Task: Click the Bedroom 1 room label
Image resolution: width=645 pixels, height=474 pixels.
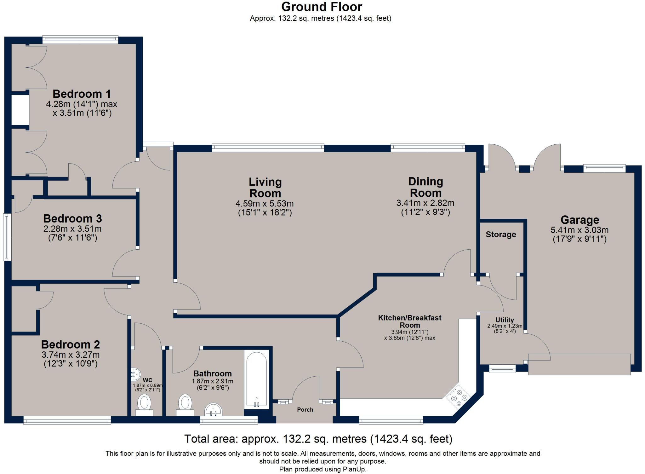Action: tap(82, 94)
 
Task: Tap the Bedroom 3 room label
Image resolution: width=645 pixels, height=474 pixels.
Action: tap(72, 218)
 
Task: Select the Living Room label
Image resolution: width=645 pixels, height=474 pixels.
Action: tap(265, 188)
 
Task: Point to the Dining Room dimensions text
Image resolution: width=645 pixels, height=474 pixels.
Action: tap(425, 207)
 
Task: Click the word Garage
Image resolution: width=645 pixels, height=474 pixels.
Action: tap(579, 220)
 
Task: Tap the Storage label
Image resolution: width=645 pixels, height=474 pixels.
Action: tap(501, 234)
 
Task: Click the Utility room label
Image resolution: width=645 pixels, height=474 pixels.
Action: tap(505, 320)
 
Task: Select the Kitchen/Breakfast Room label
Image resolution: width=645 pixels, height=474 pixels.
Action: tap(410, 321)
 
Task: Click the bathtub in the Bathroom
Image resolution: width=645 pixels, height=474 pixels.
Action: tap(257, 379)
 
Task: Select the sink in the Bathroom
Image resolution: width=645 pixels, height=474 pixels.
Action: tap(213, 410)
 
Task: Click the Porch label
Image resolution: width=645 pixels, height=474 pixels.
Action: tap(305, 410)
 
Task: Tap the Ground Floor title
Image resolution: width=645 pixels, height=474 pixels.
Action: tap(322, 7)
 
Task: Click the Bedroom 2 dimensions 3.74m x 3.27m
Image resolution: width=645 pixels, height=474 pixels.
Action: tap(71, 355)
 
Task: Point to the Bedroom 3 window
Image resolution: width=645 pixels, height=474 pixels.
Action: tap(7, 237)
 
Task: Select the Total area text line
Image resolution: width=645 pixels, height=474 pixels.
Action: tap(318, 439)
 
